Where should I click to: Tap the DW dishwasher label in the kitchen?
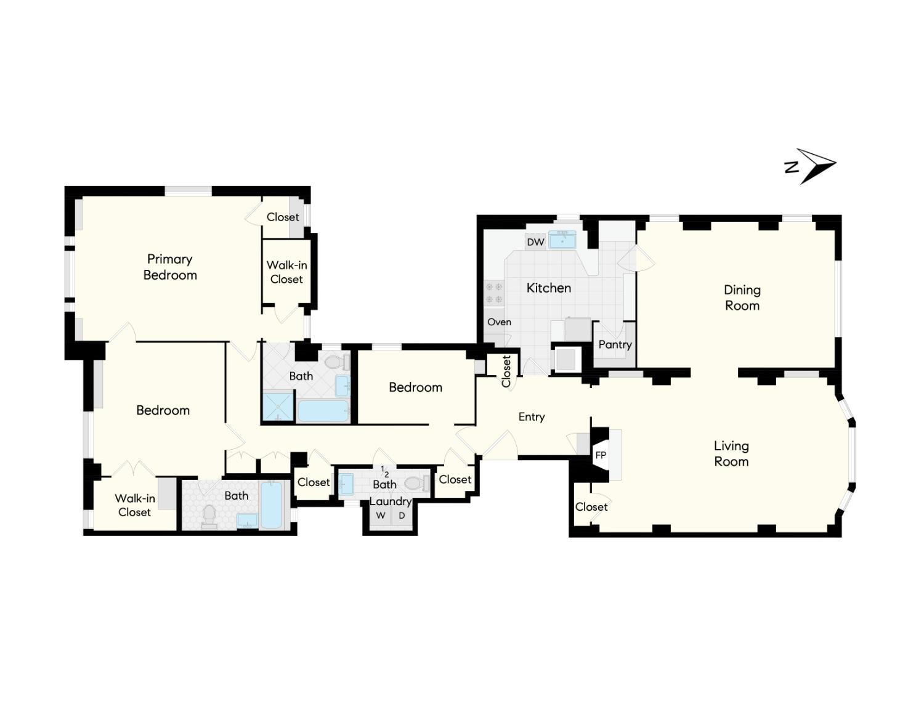click(535, 242)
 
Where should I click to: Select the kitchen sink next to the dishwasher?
click(562, 240)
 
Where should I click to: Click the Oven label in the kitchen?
click(499, 322)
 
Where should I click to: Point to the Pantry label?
click(615, 344)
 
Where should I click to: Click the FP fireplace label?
click(601, 455)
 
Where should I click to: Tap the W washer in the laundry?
click(381, 516)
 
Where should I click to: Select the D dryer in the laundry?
click(402, 516)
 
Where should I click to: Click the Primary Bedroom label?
click(170, 267)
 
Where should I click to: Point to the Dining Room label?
click(742, 298)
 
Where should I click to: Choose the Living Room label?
click(731, 454)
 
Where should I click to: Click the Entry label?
click(532, 416)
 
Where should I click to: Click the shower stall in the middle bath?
click(278, 406)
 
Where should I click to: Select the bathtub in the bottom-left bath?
click(271, 505)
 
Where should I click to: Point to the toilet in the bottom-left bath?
click(209, 516)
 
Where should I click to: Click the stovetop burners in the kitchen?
click(494, 293)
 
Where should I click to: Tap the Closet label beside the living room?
click(591, 507)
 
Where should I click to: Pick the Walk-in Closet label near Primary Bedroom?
click(286, 272)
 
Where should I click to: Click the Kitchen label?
click(548, 288)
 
